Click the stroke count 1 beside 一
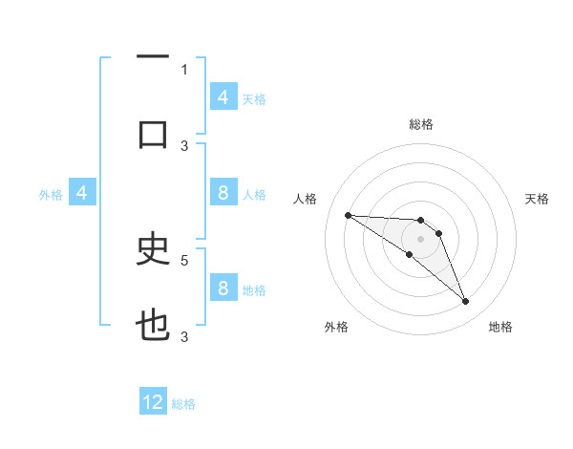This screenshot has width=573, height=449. pyautogui.click(x=184, y=70)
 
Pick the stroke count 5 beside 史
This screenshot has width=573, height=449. pyautogui.click(x=184, y=259)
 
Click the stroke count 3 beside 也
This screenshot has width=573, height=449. pyautogui.click(x=184, y=336)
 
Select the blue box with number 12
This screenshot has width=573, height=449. pyautogui.click(x=153, y=402)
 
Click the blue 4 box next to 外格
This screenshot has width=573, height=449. pyautogui.click(x=82, y=193)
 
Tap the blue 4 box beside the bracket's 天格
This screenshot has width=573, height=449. pyautogui.click(x=223, y=96)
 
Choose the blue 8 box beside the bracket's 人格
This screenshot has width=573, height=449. pyautogui.click(x=223, y=193)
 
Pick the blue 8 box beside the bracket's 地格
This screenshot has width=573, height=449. pyautogui.click(x=223, y=289)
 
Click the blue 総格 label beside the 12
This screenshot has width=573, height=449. pyautogui.click(x=183, y=404)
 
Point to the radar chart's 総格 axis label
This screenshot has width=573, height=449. pyautogui.click(x=420, y=124)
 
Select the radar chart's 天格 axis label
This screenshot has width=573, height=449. pyautogui.click(x=537, y=199)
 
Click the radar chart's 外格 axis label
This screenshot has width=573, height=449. pyautogui.click(x=336, y=327)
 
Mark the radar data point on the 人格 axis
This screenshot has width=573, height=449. pyautogui.click(x=348, y=215)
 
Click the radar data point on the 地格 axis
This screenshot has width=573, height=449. pyautogui.click(x=466, y=302)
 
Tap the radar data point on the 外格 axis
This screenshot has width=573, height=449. pyautogui.click(x=410, y=254)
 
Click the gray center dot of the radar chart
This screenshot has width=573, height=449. pyautogui.click(x=420, y=239)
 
